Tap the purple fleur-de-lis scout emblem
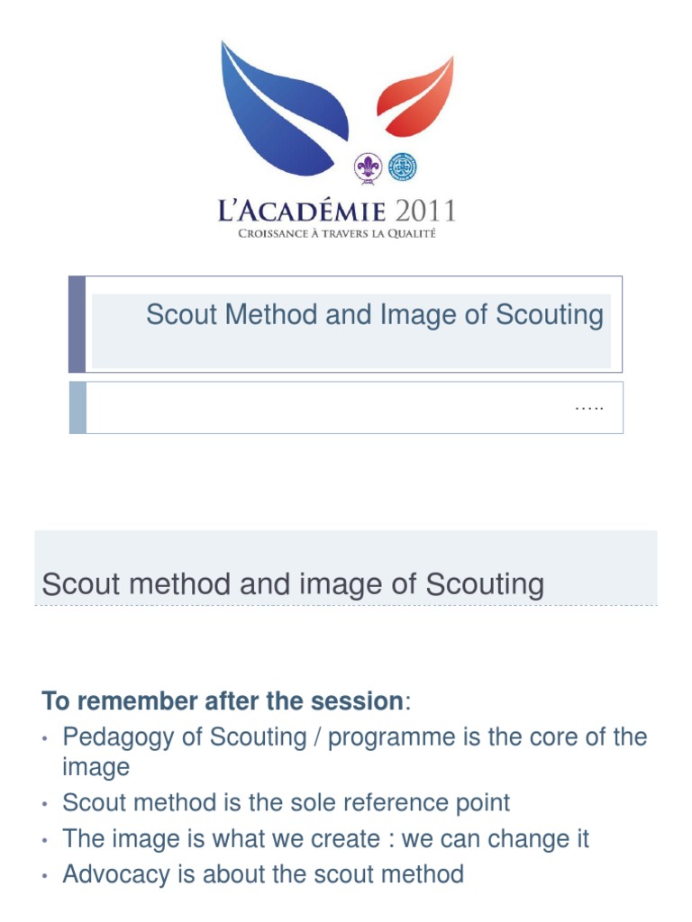367,167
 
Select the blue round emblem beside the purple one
402,167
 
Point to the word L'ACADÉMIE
302,212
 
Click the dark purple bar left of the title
77,324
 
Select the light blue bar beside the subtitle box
77,407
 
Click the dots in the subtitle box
588,407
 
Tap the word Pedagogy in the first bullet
115,737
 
